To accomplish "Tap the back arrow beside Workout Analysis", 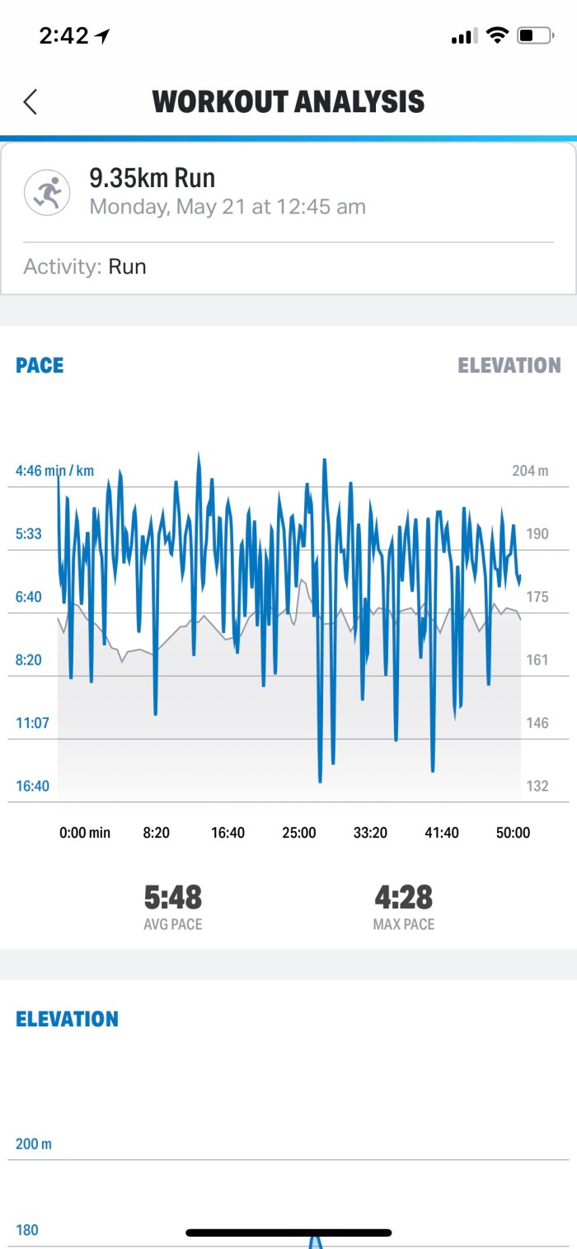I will (30, 101).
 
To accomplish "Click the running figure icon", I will (47, 192).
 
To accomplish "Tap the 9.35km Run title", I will (152, 178).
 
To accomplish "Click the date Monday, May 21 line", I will (228, 207).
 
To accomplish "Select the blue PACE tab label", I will (40, 365).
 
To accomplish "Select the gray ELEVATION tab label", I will (509, 365).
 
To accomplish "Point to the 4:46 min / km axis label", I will (54, 471).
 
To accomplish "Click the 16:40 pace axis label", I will (32, 786).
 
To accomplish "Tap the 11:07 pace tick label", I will (32, 723).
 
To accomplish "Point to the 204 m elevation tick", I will (530, 471).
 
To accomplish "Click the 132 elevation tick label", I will (537, 786).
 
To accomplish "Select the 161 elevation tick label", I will (537, 660).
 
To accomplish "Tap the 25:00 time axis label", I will (298, 833).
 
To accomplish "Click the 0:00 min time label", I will (85, 833).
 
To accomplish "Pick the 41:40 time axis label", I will (441, 833).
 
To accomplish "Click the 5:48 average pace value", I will (172, 897).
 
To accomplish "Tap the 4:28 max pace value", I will (403, 897).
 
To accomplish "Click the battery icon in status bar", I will (535, 35).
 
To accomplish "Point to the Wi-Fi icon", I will (496, 35).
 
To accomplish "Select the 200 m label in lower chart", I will (34, 1144).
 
